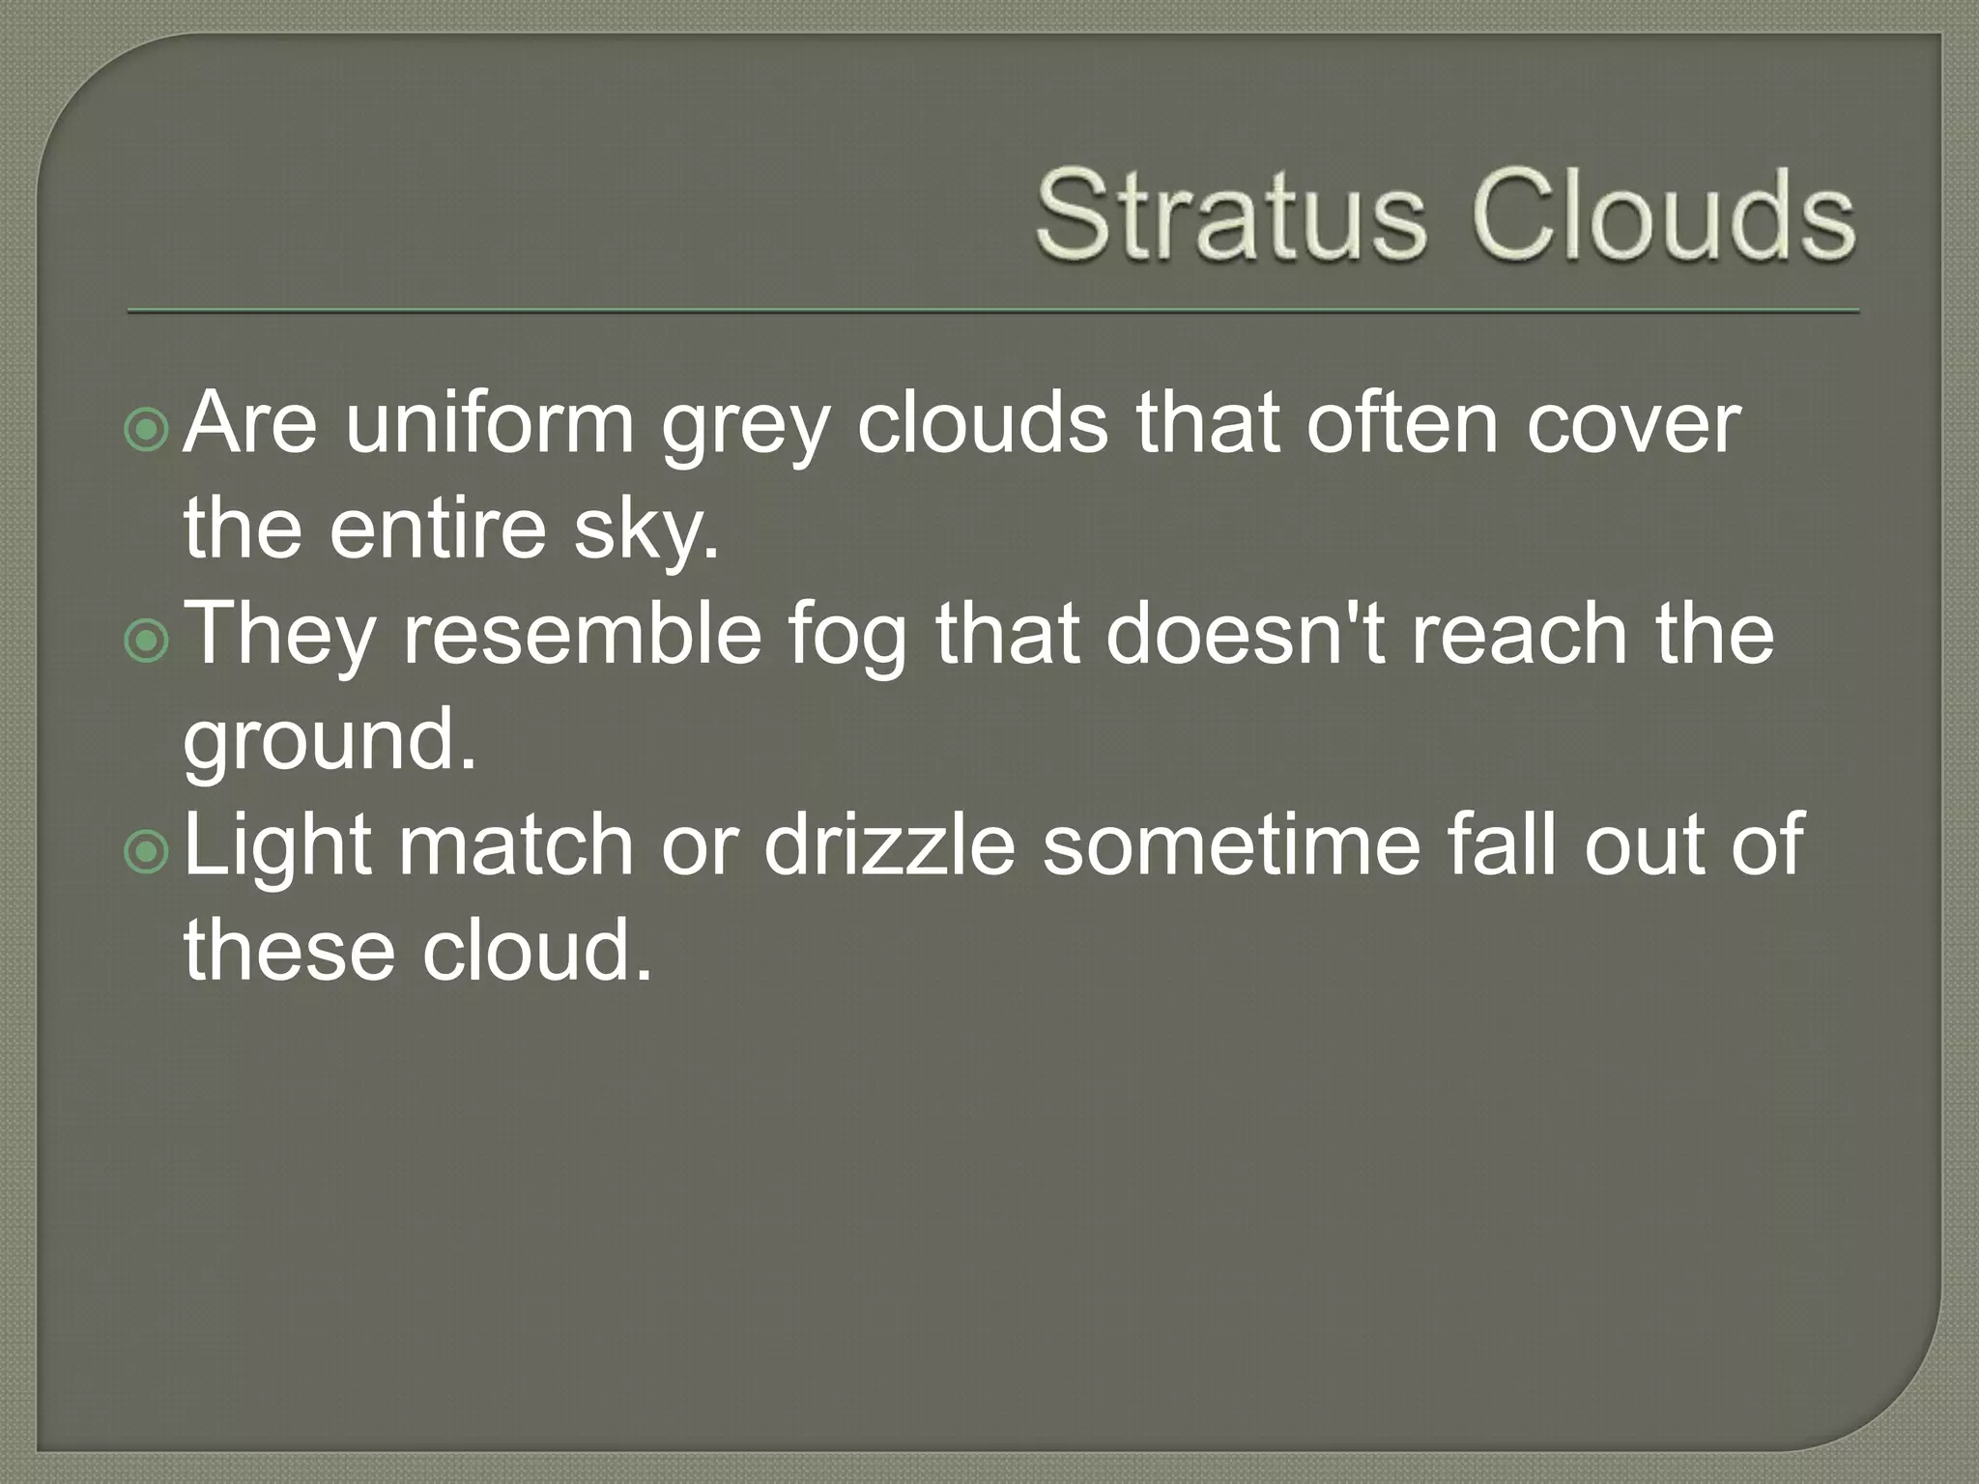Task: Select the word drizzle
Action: [x=889, y=845]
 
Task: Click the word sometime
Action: [x=1232, y=845]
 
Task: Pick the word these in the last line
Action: [x=289, y=952]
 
